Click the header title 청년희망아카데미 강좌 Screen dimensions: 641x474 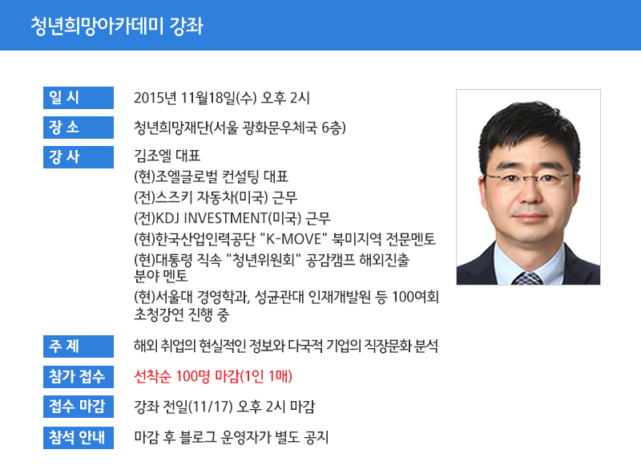click(x=117, y=26)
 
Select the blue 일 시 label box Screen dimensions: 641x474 click(x=79, y=98)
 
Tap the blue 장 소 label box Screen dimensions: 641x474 click(x=79, y=128)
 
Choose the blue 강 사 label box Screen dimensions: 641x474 click(x=79, y=157)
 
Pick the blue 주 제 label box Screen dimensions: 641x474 click(x=79, y=346)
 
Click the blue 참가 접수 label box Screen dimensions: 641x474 click(x=79, y=377)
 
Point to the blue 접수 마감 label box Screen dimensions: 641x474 click(x=79, y=407)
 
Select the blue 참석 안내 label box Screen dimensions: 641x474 click(x=79, y=438)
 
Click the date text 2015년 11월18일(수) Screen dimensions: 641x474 click(x=196, y=98)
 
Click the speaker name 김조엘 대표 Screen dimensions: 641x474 click(x=167, y=156)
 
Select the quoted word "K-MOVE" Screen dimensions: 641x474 click(x=294, y=239)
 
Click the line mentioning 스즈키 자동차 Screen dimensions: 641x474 click(x=216, y=197)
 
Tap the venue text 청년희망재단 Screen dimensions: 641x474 click(x=171, y=128)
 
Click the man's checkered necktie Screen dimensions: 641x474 click(x=528, y=278)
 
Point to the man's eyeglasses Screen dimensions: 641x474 click(x=528, y=176)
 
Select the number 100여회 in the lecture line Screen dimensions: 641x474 click(x=415, y=298)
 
